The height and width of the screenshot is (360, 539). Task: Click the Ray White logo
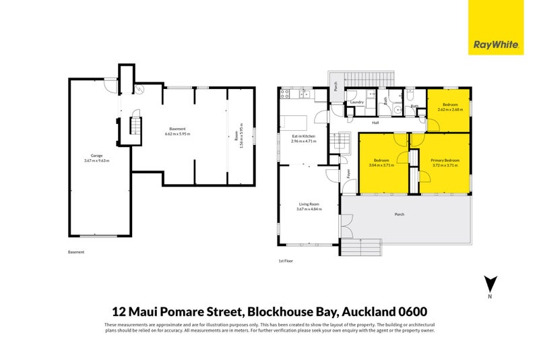click(x=496, y=46)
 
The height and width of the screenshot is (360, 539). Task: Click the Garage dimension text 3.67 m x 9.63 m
click(x=96, y=160)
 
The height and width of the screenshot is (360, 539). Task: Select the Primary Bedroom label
click(x=444, y=160)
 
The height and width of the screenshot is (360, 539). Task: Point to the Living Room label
click(x=309, y=204)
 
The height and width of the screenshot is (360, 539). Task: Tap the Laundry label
click(x=357, y=102)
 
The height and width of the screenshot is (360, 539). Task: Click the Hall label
click(x=375, y=123)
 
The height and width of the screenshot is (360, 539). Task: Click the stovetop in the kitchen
click(x=284, y=94)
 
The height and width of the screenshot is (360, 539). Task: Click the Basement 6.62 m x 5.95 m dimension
click(x=178, y=133)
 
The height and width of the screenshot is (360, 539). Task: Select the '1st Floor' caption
click(x=286, y=260)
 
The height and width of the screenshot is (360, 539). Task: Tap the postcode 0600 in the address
click(x=412, y=311)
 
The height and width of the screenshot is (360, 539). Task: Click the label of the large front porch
click(x=400, y=215)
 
